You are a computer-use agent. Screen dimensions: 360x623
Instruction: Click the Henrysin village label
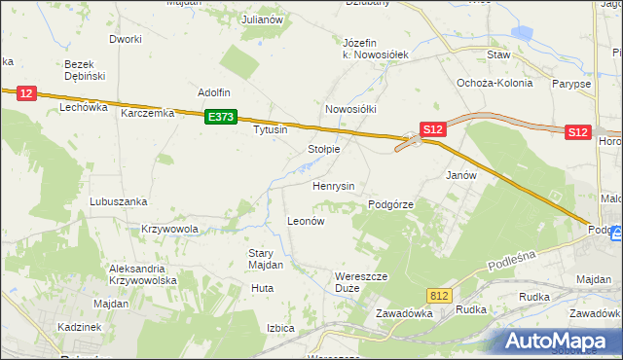(x=332, y=185)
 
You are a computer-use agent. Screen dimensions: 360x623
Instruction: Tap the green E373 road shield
(x=221, y=117)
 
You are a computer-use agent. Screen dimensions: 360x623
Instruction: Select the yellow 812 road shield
(x=439, y=294)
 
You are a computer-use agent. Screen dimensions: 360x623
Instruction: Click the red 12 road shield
(x=26, y=93)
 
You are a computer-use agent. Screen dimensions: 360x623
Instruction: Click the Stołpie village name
(x=323, y=149)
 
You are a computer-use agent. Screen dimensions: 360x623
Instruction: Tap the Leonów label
(x=305, y=221)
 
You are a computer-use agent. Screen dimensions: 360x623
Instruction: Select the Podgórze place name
(x=391, y=205)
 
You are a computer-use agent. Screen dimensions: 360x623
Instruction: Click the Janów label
(x=460, y=175)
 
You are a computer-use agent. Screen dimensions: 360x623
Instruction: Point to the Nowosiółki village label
(x=350, y=109)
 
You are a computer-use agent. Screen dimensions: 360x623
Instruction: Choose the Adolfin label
(x=213, y=92)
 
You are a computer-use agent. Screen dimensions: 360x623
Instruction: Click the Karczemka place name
(x=147, y=113)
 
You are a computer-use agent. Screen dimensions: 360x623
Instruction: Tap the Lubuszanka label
(x=118, y=201)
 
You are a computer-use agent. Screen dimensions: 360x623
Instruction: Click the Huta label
(x=261, y=288)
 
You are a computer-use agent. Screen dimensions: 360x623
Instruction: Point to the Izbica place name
(x=280, y=328)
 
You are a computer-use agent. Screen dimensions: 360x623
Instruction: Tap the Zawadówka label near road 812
(x=403, y=313)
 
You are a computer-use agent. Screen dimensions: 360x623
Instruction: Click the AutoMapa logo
(x=559, y=341)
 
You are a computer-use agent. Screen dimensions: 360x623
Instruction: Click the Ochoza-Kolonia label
(x=495, y=83)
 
